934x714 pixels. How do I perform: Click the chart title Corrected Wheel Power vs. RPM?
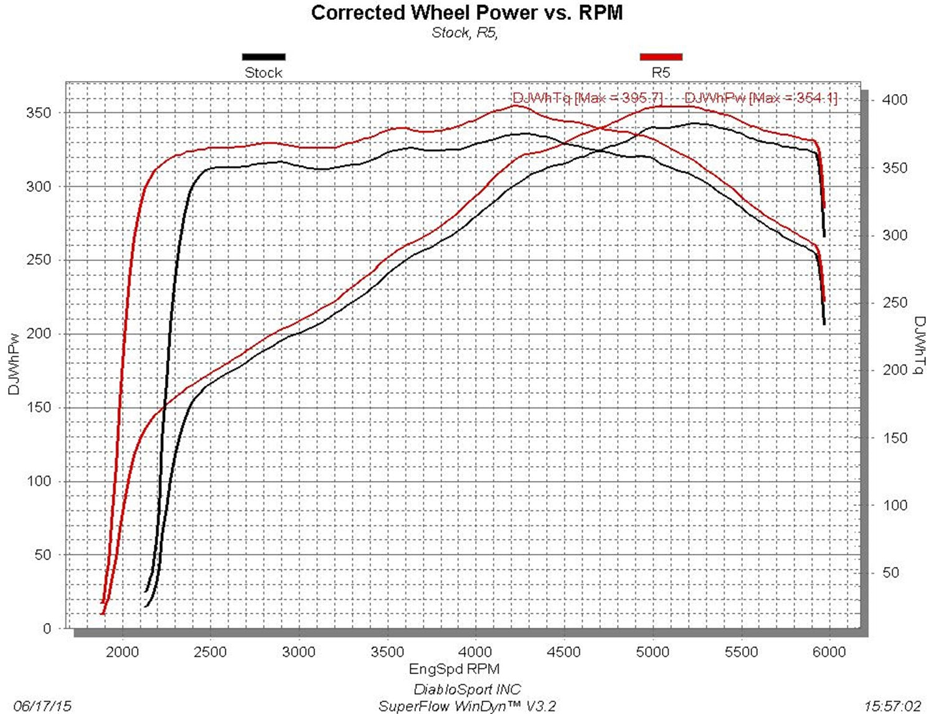click(466, 12)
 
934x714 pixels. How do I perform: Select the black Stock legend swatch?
click(263, 57)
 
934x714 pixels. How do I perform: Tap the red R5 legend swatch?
click(661, 57)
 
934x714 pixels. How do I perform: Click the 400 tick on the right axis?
click(895, 100)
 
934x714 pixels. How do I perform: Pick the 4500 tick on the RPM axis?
click(564, 652)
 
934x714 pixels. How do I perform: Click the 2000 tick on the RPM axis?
click(123, 652)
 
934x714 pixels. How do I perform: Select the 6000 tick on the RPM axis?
click(829, 652)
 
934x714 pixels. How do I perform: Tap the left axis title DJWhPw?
click(14, 364)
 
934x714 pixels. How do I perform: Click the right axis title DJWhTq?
click(920, 346)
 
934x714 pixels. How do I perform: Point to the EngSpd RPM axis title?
click(454, 669)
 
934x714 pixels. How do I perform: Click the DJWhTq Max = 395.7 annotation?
click(587, 98)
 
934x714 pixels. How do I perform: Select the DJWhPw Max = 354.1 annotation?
click(760, 98)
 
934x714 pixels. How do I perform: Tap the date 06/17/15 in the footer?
click(42, 706)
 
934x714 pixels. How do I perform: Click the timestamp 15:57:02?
click(892, 706)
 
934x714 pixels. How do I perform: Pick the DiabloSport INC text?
click(467, 689)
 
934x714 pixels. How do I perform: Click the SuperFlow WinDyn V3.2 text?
click(467, 706)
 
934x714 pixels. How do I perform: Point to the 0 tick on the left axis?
click(47, 629)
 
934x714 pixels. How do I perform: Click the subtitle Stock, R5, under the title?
click(465, 33)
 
